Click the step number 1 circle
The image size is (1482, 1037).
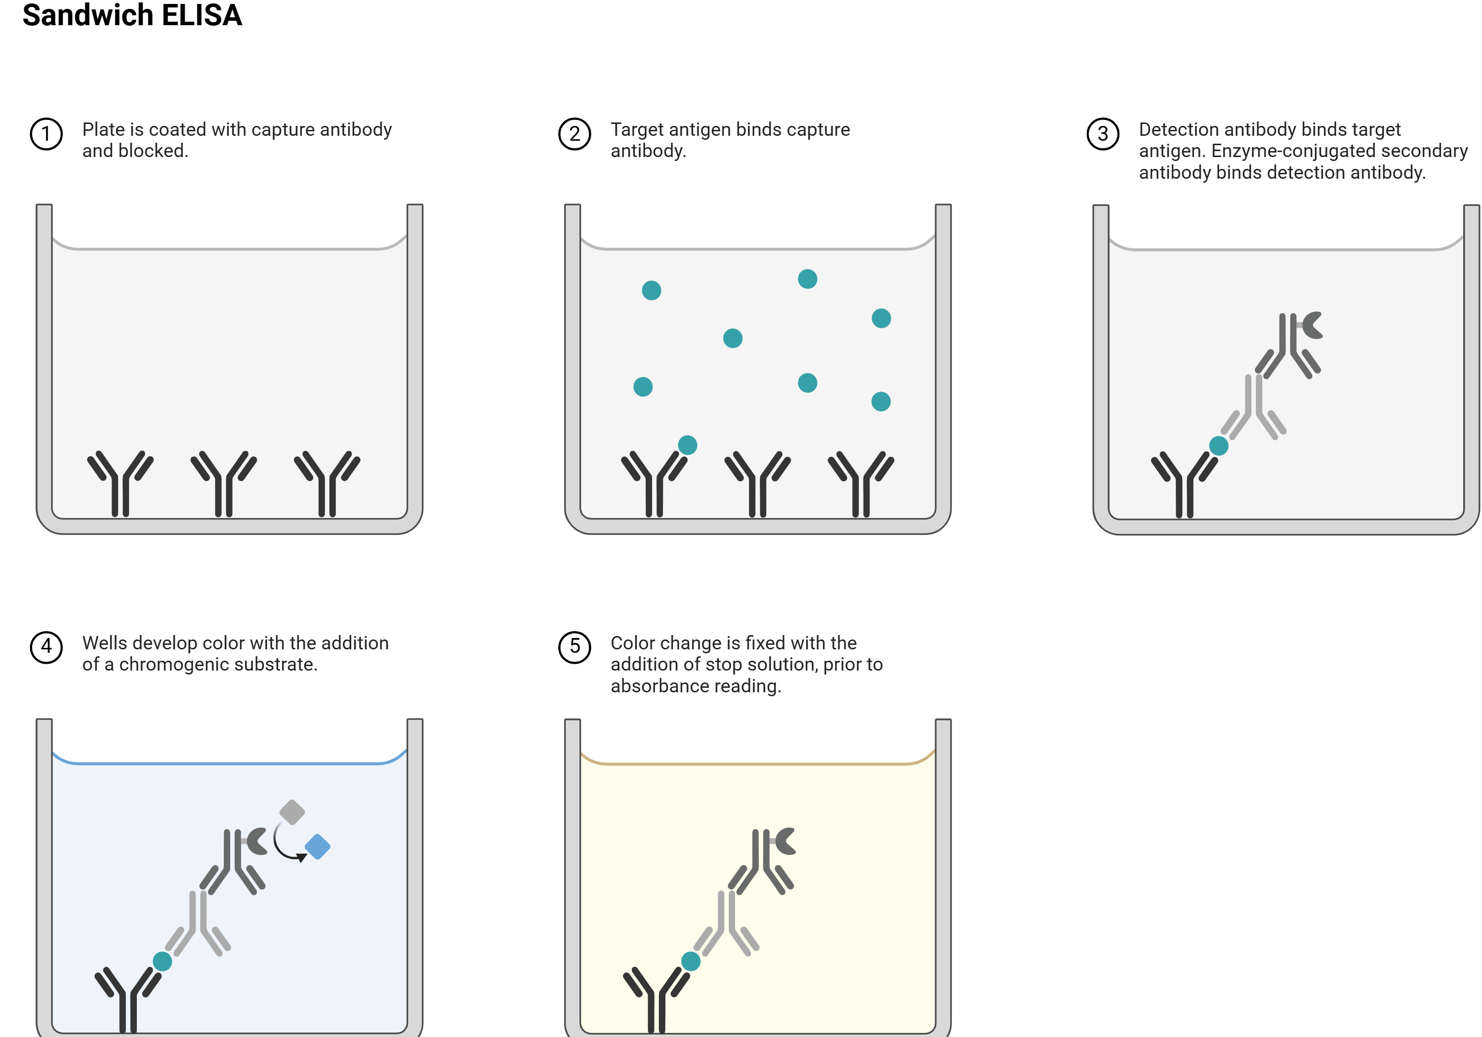pyautogui.click(x=46, y=134)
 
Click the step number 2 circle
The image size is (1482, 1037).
pyautogui.click(x=575, y=134)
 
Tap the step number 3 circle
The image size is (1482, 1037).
pyautogui.click(x=1103, y=134)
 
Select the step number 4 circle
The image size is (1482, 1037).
pyautogui.click(x=46, y=646)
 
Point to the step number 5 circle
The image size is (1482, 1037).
pyautogui.click(x=575, y=646)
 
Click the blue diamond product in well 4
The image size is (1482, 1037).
pyautogui.click(x=318, y=846)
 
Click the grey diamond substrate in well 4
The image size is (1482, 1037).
pyautogui.click(x=292, y=812)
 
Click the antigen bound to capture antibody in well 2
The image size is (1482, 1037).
pyautogui.click(x=688, y=444)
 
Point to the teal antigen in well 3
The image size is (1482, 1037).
pyautogui.click(x=1219, y=446)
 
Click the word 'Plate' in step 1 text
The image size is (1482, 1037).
pyautogui.click(x=103, y=130)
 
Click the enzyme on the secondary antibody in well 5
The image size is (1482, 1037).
pyautogui.click(x=785, y=841)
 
